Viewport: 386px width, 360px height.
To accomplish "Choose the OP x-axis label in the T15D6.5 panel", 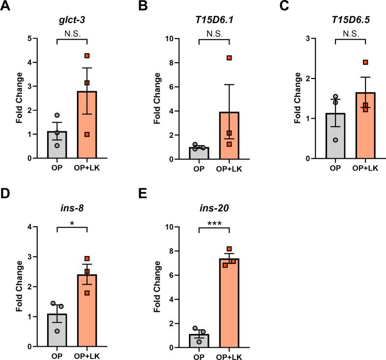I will click(335, 169).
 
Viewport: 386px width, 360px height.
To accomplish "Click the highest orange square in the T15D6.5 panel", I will click(365, 62).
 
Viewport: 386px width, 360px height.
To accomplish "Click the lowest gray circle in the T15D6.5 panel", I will click(335, 140).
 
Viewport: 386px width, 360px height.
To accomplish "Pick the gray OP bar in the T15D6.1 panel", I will click(199, 153).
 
